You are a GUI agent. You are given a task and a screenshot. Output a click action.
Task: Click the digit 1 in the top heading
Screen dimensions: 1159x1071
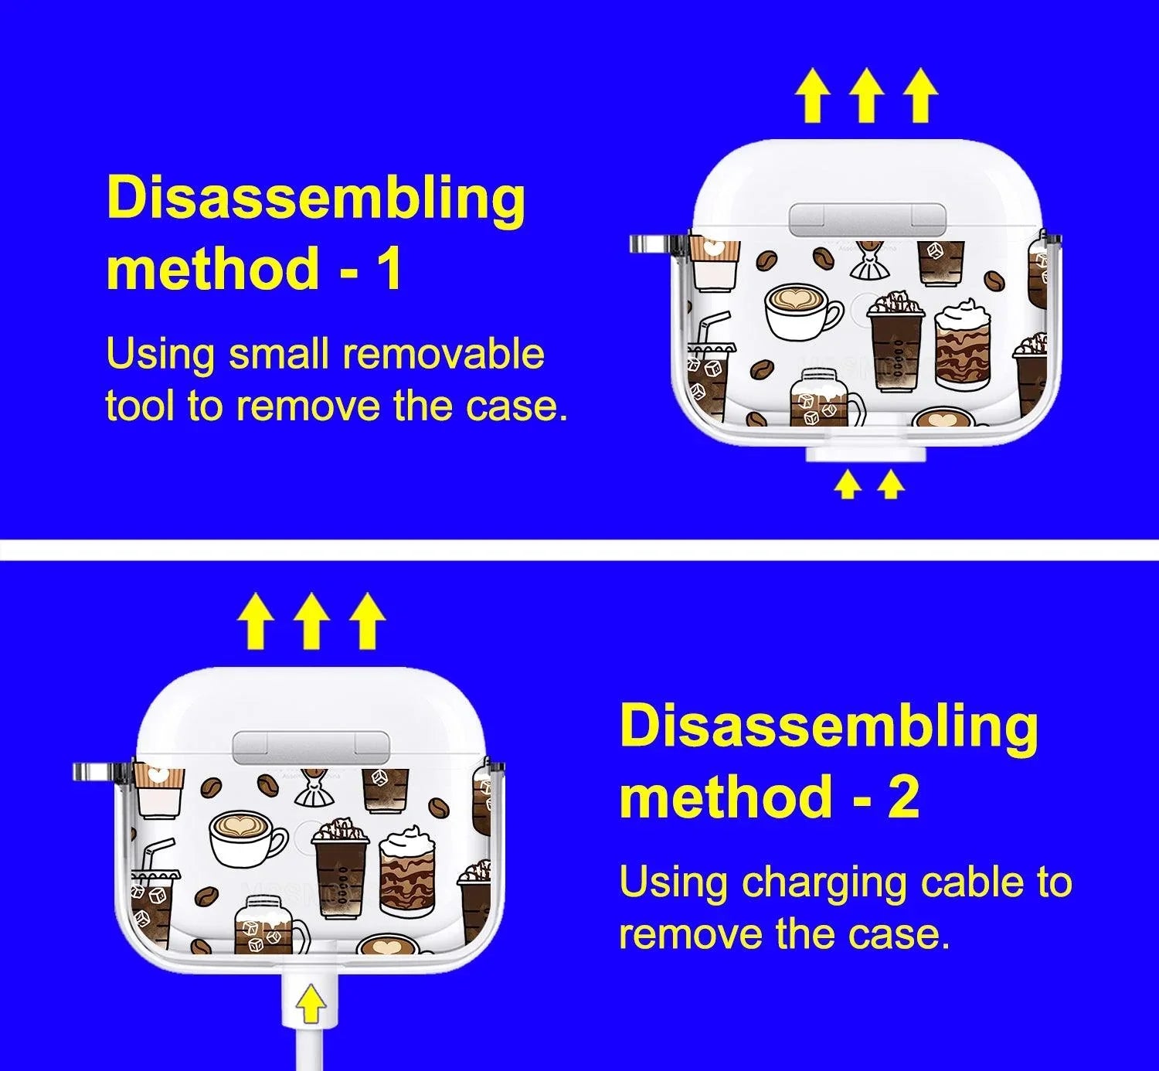point(388,268)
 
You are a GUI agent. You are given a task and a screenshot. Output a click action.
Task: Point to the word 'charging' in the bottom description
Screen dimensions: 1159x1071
point(824,884)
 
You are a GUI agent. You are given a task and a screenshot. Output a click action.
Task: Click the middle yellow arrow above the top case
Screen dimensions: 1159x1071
point(867,96)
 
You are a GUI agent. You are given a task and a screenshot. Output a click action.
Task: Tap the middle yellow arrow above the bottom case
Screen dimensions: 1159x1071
point(313,621)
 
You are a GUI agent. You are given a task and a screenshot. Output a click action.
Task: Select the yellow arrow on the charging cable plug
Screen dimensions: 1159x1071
point(311,1003)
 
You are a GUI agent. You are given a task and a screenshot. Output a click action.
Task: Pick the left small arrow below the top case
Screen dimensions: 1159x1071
point(848,485)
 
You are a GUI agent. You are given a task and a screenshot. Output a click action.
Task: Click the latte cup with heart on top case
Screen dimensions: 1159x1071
point(804,312)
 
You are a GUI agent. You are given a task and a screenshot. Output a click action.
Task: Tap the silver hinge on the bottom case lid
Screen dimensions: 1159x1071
point(311,746)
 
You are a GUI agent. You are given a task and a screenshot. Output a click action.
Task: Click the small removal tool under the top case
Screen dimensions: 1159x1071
point(865,454)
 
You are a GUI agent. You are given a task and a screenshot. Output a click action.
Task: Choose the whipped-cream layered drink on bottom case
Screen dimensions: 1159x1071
point(407,872)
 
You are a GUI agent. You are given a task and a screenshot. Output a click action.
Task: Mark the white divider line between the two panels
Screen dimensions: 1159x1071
point(579,550)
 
